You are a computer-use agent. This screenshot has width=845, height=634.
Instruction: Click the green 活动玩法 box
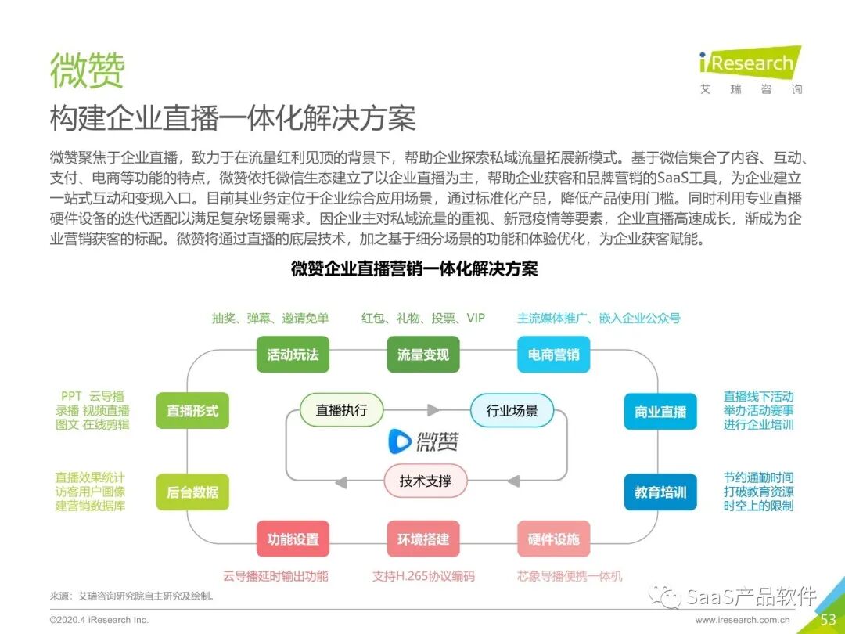click(x=293, y=355)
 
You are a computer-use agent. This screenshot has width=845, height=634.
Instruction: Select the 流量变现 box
click(x=423, y=355)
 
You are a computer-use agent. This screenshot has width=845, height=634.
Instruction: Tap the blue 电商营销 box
click(x=553, y=355)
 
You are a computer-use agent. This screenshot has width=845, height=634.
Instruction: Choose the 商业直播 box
click(x=660, y=411)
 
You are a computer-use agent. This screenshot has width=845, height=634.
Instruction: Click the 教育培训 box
click(x=660, y=492)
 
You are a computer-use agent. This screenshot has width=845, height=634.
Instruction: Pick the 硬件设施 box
click(x=553, y=539)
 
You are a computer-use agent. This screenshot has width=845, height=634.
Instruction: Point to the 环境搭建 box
click(x=423, y=539)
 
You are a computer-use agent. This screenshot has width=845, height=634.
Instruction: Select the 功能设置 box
click(x=293, y=539)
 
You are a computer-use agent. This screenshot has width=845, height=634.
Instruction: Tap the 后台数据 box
click(x=192, y=492)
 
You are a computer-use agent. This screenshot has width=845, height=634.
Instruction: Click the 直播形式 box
click(x=192, y=411)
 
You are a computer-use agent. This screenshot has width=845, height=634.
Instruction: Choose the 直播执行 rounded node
click(x=341, y=409)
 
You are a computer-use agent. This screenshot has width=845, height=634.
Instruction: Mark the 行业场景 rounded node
click(x=512, y=409)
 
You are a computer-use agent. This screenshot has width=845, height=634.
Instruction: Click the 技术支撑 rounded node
click(x=426, y=481)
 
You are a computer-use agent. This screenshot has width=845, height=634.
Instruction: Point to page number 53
click(x=828, y=619)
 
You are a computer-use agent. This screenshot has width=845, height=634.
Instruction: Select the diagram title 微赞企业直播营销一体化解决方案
click(x=414, y=268)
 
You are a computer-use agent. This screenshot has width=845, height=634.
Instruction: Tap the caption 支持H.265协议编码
click(x=423, y=576)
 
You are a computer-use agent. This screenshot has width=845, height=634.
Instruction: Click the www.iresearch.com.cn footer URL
click(x=743, y=620)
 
